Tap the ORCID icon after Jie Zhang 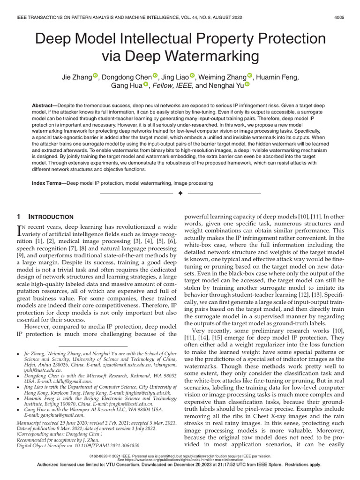pos(95,75)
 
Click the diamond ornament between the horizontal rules pos(180,194)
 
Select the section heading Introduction pos(51,217)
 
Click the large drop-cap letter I pos(19,230)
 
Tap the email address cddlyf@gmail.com pos(70,382)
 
